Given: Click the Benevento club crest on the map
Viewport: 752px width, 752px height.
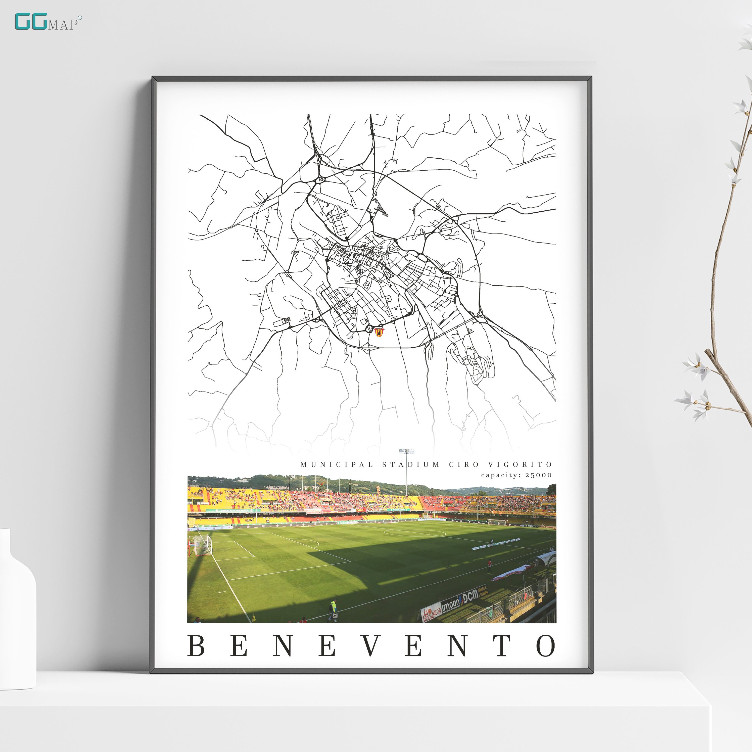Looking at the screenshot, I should tap(379, 332).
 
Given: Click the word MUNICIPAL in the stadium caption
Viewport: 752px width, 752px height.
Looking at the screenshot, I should tap(337, 464).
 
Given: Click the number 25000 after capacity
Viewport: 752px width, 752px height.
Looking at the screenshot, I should tap(539, 475).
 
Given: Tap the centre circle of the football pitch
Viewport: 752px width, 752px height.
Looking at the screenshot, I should tap(414, 532).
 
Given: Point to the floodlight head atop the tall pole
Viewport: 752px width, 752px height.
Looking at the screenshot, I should tap(406, 451).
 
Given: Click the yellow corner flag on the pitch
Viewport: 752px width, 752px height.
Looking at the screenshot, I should tap(254, 618).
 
